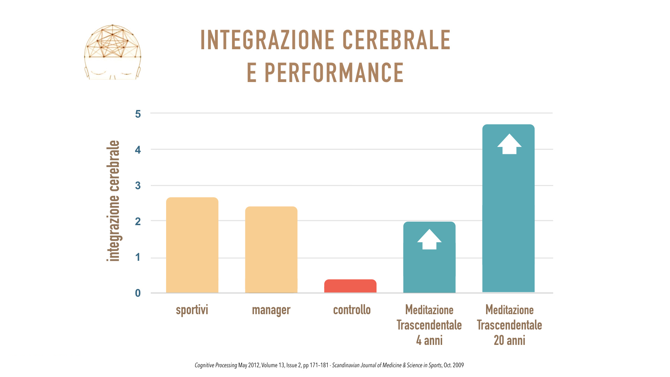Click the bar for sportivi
(x=192, y=245)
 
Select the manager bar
(x=271, y=250)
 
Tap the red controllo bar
(x=350, y=286)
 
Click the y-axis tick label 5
(x=138, y=114)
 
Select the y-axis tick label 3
(x=138, y=186)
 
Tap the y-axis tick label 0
(x=138, y=293)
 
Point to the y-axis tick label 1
(x=138, y=258)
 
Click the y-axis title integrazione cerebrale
(x=113, y=201)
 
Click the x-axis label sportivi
(x=192, y=310)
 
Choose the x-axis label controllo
(x=352, y=310)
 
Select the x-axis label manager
(x=271, y=310)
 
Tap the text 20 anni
(x=509, y=340)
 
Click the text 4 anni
(x=429, y=340)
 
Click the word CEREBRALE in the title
(x=396, y=40)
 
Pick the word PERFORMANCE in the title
(x=334, y=73)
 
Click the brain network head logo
(x=113, y=52)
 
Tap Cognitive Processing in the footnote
(x=216, y=365)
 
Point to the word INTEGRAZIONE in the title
(x=267, y=40)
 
